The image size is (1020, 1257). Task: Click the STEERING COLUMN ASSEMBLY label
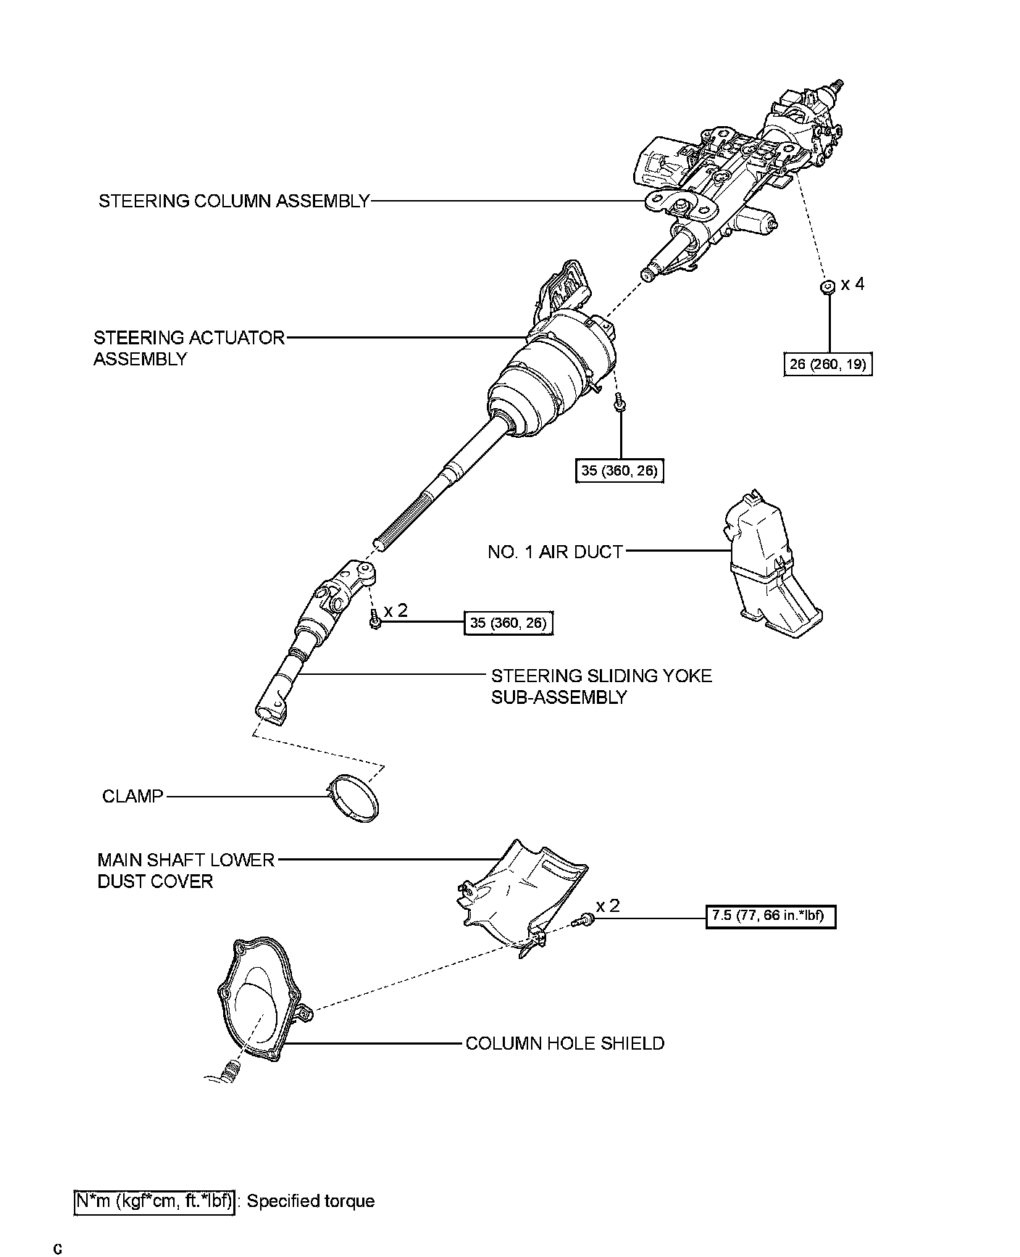(234, 201)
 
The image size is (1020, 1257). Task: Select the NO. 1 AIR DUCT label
(555, 552)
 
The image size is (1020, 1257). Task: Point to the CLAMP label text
(133, 797)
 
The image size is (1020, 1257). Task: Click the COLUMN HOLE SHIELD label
(564, 1043)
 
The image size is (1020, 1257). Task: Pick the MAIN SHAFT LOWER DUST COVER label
(185, 871)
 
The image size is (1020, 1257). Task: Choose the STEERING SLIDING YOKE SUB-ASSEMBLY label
(601, 686)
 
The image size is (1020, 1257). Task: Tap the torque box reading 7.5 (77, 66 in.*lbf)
(770, 916)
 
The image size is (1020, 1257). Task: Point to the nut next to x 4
(827, 286)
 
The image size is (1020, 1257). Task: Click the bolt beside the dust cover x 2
(582, 921)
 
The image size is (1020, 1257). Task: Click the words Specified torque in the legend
(311, 1201)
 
